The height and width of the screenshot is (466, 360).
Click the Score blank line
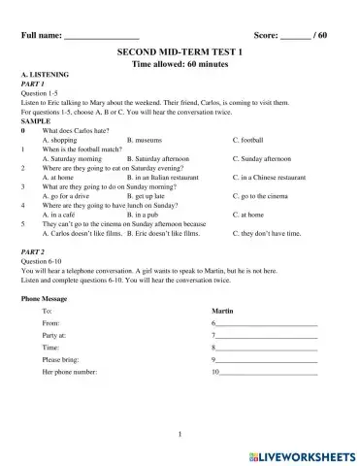point(295,37)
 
